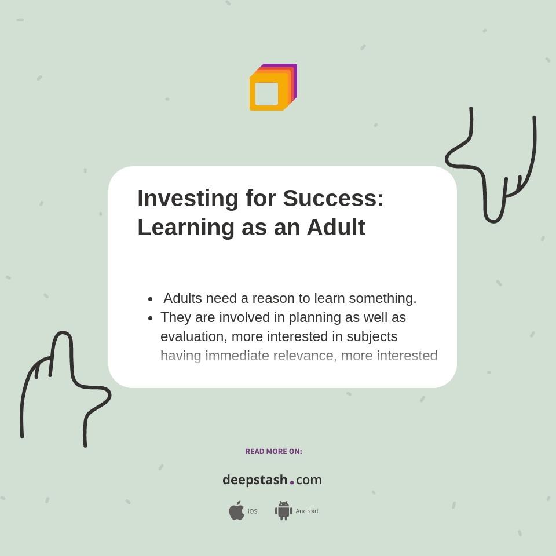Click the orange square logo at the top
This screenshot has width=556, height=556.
pyautogui.click(x=272, y=88)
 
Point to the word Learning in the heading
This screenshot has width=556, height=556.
pyautogui.click(x=185, y=227)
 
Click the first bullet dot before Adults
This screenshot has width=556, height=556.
pyautogui.click(x=151, y=299)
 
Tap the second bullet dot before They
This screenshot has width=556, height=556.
pyautogui.click(x=151, y=318)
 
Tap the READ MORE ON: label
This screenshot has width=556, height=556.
pyautogui.click(x=273, y=452)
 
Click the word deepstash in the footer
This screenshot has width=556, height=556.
pyautogui.click(x=255, y=480)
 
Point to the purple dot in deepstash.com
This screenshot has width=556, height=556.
pyautogui.click(x=292, y=482)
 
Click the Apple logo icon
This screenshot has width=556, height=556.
pyautogui.click(x=236, y=511)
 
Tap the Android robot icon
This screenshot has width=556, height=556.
pyautogui.click(x=283, y=511)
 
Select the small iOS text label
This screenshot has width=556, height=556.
pyautogui.click(x=253, y=511)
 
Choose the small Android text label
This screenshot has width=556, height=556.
pyautogui.click(x=306, y=511)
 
